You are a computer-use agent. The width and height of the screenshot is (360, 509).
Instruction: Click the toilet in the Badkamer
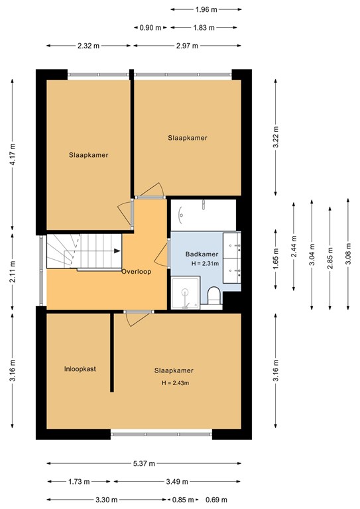214,296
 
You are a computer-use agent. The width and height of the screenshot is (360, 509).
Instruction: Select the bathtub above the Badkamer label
203,213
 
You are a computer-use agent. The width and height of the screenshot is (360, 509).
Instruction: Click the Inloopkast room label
80,369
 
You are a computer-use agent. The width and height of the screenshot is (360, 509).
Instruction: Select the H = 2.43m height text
175,383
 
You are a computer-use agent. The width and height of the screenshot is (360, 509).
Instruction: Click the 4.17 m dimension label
13,156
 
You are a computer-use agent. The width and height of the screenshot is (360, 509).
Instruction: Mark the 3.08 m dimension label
347,254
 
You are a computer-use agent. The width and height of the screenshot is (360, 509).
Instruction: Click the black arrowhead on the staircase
117,251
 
